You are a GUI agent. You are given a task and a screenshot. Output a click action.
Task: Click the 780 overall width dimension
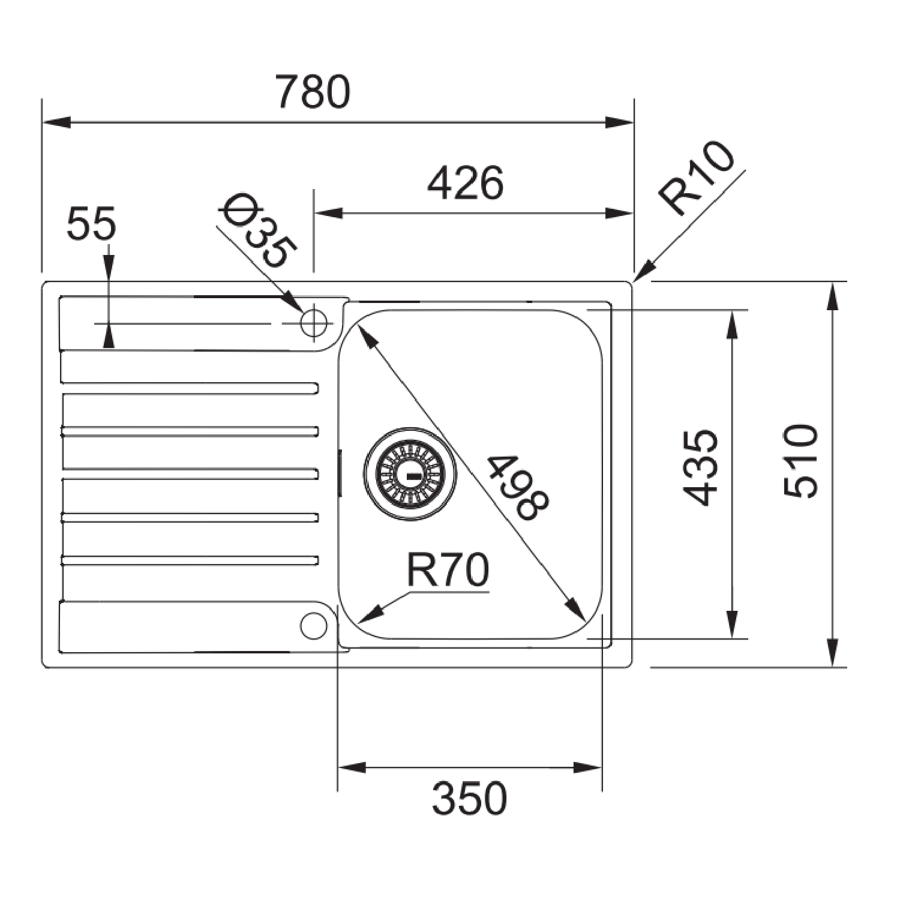click(x=313, y=92)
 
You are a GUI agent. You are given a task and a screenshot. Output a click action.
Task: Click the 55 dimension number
click(x=91, y=224)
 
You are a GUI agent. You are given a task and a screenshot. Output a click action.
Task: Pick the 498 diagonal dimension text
click(x=517, y=487)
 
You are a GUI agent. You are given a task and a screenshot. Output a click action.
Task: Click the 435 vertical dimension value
click(x=701, y=467)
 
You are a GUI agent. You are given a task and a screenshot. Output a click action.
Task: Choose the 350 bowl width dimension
click(x=469, y=799)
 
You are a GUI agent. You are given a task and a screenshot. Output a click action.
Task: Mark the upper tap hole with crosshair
click(x=314, y=323)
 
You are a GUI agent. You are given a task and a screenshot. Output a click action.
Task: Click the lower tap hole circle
click(x=313, y=626)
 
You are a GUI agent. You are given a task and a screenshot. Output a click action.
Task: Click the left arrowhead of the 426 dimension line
click(x=328, y=213)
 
